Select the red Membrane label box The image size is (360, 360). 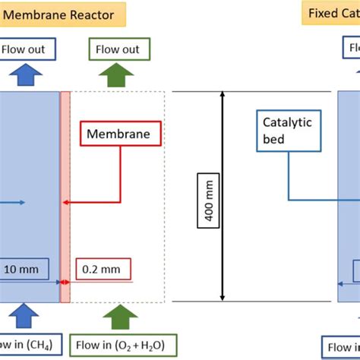point(122,135)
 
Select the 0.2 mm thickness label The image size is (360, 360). point(103,269)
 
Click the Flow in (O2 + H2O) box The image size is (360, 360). point(123,345)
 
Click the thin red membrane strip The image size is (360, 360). point(65,197)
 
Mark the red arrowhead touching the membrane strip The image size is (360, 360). point(66,202)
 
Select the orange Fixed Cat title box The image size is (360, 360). point(332,14)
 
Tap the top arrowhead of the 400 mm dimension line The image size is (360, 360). point(223,96)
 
